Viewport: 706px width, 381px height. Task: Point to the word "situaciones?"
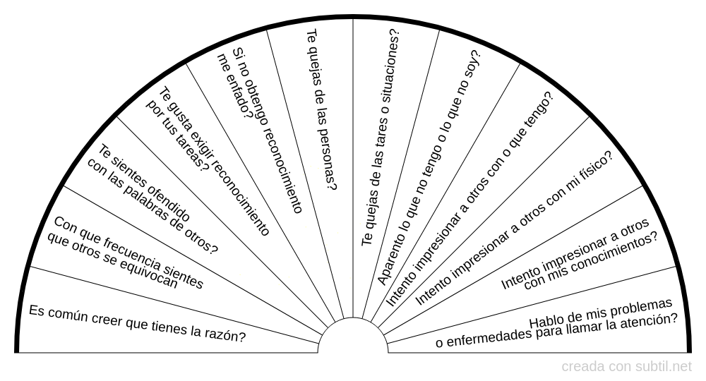[x=390, y=64]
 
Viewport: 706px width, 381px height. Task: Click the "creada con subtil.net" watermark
[x=626, y=367]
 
